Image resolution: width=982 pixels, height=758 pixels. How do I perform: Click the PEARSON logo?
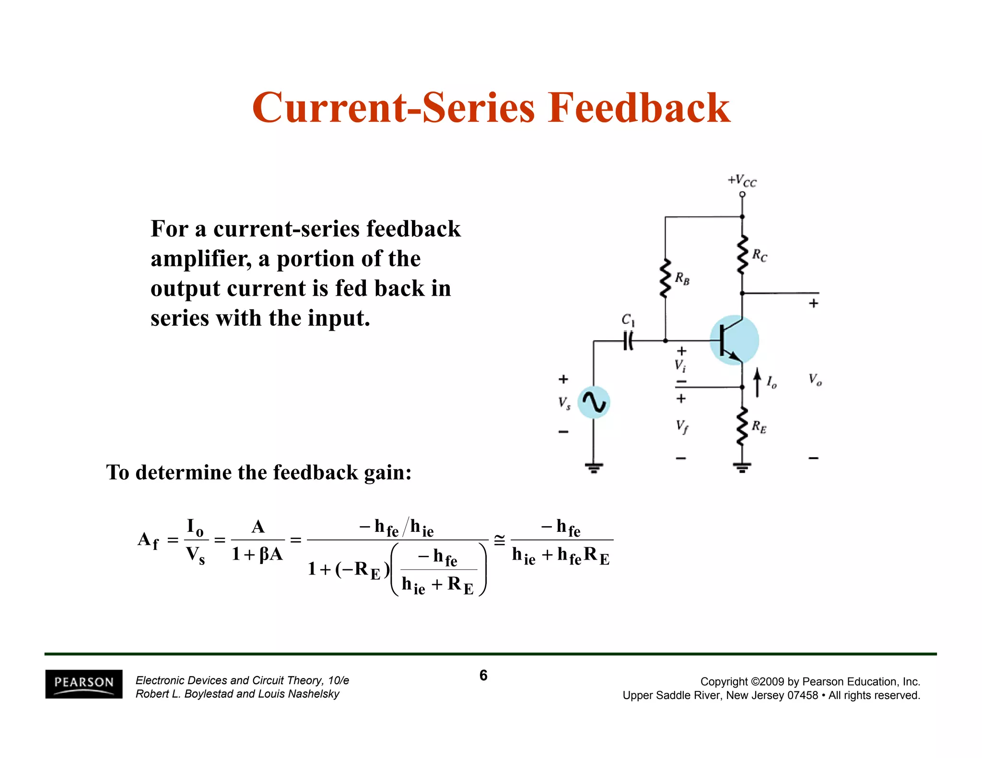pos(84,684)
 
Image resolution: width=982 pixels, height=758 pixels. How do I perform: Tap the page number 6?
pos(483,676)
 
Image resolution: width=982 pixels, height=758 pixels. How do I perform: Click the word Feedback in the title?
pos(639,108)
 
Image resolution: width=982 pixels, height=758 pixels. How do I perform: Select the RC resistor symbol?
pos(742,254)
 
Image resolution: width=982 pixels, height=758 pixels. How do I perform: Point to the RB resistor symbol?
pos(665,278)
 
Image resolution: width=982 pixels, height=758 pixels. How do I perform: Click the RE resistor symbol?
pos(742,426)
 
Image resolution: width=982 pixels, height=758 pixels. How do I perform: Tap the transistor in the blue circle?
pos(734,340)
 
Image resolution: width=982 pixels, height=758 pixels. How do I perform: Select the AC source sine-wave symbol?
pos(594,402)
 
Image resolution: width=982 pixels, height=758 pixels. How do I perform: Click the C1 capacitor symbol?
pos(628,341)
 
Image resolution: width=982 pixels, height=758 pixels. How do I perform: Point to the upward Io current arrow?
pos(757,382)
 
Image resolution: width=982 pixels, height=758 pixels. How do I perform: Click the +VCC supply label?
pos(742,181)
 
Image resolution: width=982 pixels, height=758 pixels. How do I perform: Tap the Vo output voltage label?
pos(815,379)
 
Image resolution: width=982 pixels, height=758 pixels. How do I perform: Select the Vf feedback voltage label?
pos(682,426)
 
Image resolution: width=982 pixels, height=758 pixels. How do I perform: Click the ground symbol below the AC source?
pos(594,467)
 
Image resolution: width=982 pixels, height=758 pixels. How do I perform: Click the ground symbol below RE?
pos(742,467)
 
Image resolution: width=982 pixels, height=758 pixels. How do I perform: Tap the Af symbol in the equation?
pos(148,540)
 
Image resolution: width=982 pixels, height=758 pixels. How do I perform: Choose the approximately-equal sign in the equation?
pos(499,540)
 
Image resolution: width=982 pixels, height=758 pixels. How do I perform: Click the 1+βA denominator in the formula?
pos(257,555)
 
